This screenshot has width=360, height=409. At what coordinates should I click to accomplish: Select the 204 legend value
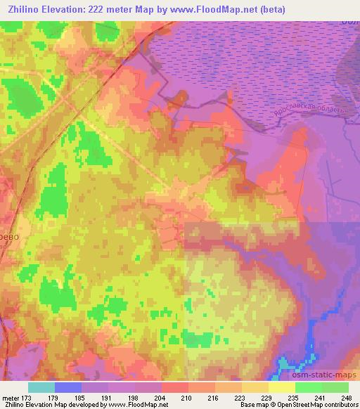pyautogui.click(x=162, y=397)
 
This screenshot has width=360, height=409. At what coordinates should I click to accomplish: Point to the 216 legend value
pyautogui.click(x=215, y=397)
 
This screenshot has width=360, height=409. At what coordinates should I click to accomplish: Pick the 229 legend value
pyautogui.click(x=268, y=397)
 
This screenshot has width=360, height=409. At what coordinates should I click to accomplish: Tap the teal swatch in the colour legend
pyautogui.click(x=41, y=387)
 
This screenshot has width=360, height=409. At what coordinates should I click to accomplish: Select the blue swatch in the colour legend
pyautogui.click(x=68, y=387)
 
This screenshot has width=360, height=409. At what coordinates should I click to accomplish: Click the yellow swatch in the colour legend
pyautogui.click(x=281, y=387)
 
